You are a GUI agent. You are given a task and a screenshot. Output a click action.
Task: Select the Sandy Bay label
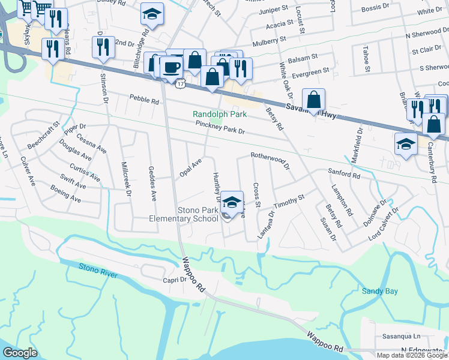[379, 291]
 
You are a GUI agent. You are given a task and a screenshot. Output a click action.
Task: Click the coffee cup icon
[172, 67]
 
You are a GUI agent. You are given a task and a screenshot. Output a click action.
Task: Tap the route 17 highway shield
[180, 85]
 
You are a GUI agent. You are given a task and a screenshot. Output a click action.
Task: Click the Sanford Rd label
[343, 173]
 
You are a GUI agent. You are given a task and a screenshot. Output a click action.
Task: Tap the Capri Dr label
[159, 280]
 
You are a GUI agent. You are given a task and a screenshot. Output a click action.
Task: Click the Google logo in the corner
[20, 353]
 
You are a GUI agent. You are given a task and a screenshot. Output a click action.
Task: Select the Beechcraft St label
[44, 136]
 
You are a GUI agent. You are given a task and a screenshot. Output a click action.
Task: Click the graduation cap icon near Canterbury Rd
[406, 145]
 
